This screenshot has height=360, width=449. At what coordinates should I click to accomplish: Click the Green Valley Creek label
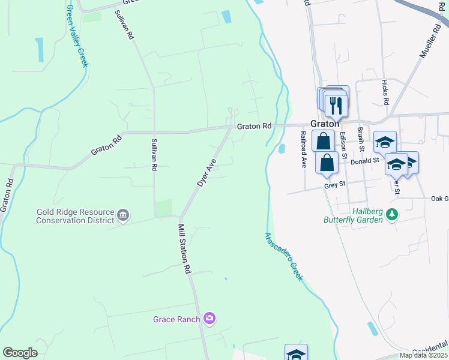click(x=76, y=37)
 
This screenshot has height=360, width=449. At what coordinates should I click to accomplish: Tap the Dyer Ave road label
click(x=207, y=172)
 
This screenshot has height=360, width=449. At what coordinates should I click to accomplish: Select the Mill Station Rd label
click(x=184, y=249)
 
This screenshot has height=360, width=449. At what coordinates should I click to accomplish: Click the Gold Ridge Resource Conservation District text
click(x=75, y=216)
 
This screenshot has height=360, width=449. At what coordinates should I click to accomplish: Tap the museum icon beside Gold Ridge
click(x=123, y=215)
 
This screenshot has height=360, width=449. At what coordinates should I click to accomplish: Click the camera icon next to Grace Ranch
click(x=209, y=318)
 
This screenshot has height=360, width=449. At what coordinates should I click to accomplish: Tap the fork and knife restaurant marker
click(x=337, y=106)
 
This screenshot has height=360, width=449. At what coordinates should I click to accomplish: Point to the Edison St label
click(x=343, y=145)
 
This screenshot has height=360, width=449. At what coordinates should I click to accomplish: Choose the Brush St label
click(x=360, y=140)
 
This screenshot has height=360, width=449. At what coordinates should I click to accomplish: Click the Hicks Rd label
click(x=385, y=92)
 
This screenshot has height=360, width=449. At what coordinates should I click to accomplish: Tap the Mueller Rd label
click(x=429, y=39)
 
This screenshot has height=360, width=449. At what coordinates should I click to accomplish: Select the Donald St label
click(x=365, y=161)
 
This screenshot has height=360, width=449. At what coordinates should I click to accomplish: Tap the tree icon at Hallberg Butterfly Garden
click(x=392, y=214)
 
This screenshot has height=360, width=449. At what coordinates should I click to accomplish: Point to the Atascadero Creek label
click(x=282, y=256)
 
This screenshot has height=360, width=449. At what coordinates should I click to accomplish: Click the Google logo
click(x=20, y=352)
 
